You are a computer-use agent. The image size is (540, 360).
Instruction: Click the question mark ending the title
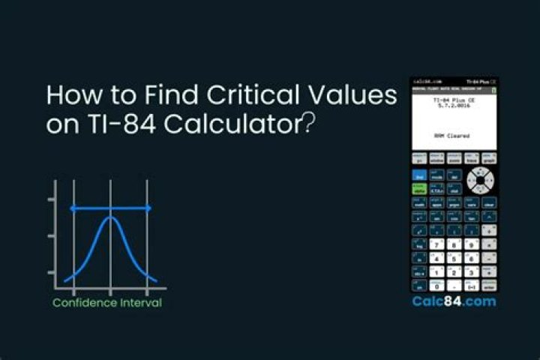coord(307,124)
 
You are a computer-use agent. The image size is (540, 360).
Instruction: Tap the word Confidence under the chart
coord(85,303)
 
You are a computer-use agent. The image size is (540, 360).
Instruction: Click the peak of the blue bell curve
coord(110,218)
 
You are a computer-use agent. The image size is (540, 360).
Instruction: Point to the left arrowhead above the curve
coord(73,208)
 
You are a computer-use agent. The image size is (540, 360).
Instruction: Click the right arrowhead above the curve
coord(148,208)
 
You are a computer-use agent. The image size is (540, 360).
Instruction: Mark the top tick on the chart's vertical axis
coord(51,199)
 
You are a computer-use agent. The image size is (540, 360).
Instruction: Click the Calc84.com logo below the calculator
coord(454,301)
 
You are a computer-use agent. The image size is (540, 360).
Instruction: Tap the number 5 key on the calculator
coord(454,259)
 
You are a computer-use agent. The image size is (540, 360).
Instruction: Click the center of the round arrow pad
coord(478,180)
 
